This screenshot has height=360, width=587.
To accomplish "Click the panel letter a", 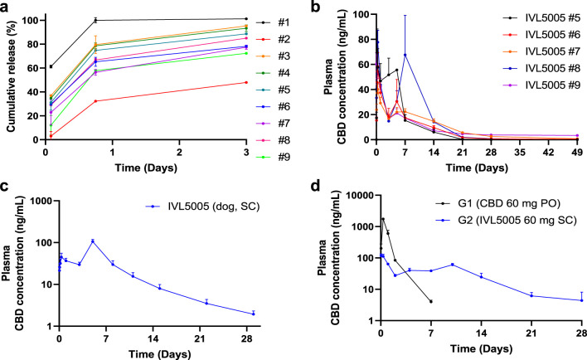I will (x=7, y=7).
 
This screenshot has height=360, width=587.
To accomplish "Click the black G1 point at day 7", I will (x=430, y=301).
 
